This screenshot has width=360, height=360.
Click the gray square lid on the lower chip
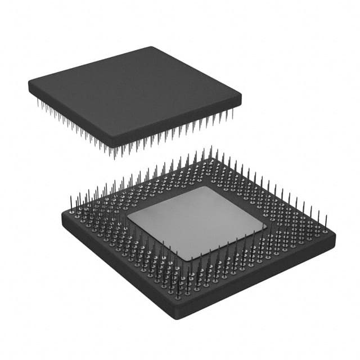tap(197, 222)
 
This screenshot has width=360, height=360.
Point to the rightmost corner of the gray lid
tap(265, 226)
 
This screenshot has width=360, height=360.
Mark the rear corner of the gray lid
tap(204, 187)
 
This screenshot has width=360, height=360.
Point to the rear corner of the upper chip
tap(152, 47)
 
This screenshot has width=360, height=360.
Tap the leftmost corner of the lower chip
tap(62, 217)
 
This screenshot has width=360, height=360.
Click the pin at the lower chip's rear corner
tap(211, 153)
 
